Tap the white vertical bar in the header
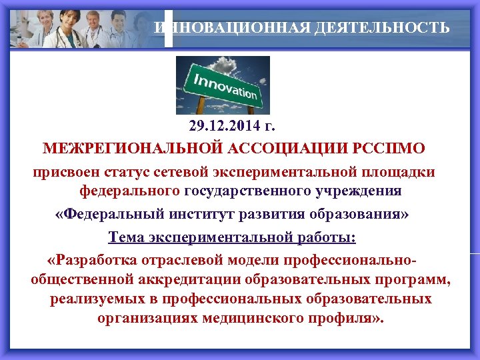(x=168, y=28)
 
